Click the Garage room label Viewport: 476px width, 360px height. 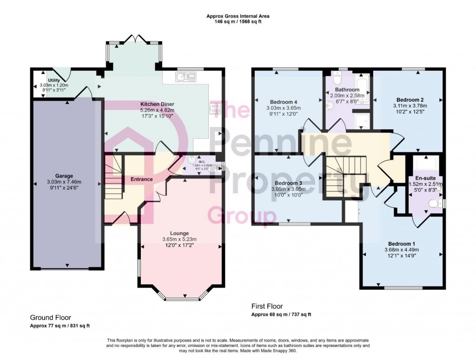64,176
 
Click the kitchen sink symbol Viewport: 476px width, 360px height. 186,77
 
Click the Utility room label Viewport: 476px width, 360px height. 47,80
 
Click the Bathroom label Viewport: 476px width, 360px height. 347,90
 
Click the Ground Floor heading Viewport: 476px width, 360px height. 52,318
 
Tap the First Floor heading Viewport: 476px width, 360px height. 267,306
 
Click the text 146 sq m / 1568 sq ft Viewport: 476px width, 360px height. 238,22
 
